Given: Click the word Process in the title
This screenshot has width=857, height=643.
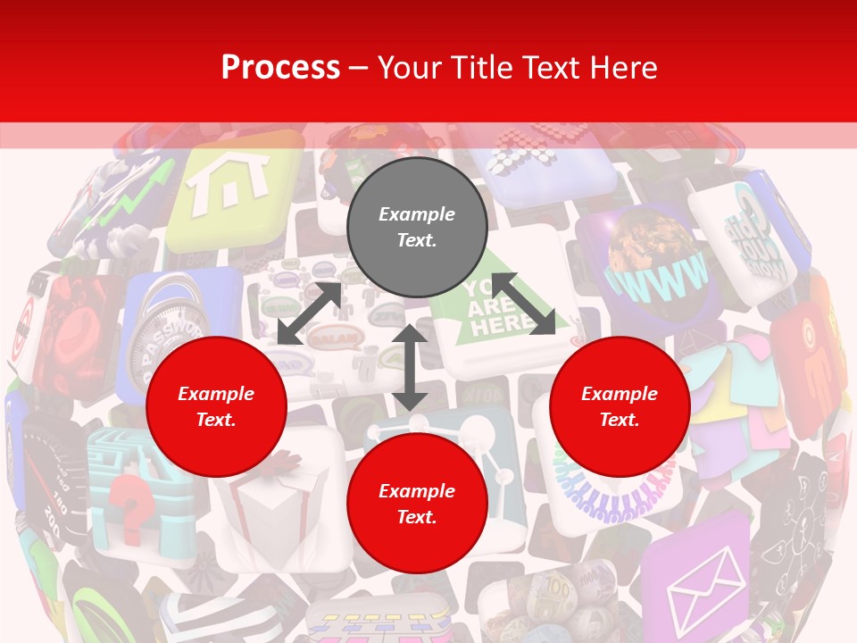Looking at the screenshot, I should (x=280, y=68).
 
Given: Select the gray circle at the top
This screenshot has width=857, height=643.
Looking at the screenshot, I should (x=417, y=228).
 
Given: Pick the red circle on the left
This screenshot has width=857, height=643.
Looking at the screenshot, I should (x=216, y=407).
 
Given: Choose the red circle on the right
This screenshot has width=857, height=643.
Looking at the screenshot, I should (x=620, y=407).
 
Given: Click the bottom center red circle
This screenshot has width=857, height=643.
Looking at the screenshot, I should (x=417, y=504).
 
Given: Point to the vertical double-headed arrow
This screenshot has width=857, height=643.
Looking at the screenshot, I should (x=410, y=367).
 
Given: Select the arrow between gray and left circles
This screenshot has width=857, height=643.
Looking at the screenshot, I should (x=309, y=313).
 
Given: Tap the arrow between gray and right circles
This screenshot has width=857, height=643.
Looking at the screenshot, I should (x=523, y=303).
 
